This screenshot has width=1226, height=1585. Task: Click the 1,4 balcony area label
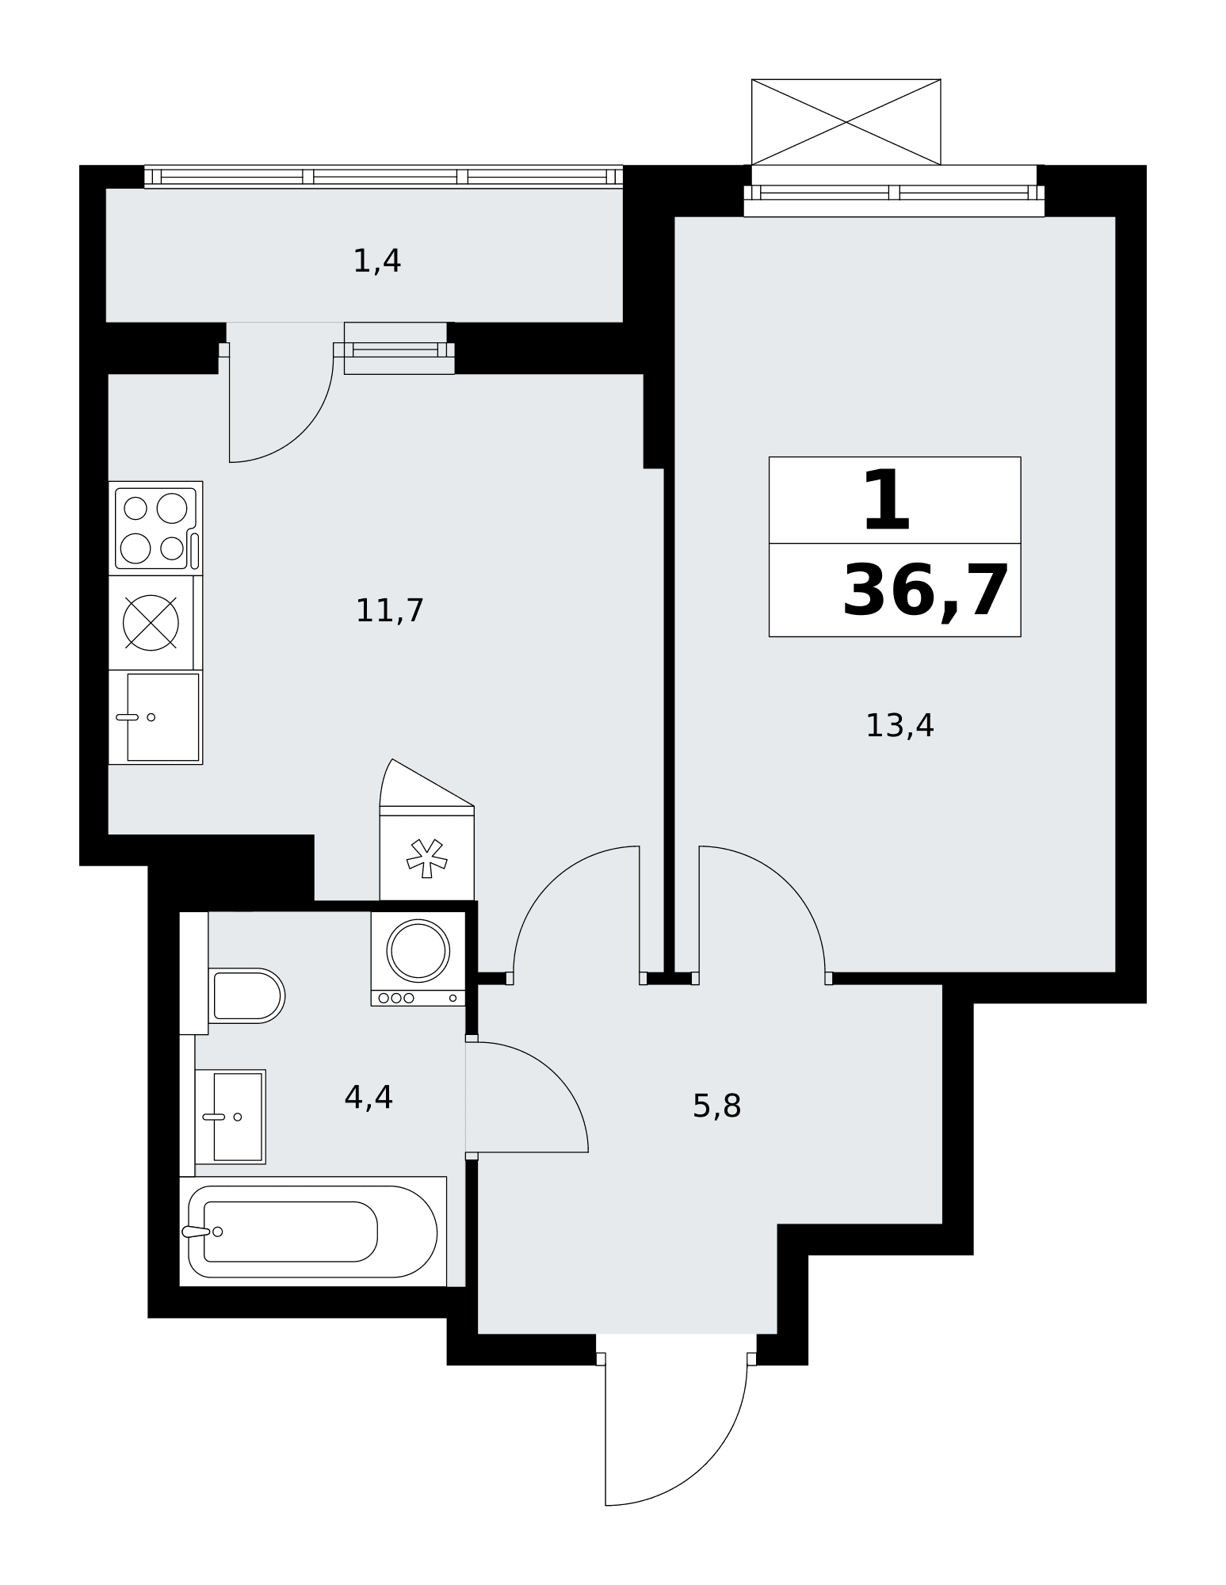(x=376, y=261)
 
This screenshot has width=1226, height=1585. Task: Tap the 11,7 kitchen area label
(x=390, y=611)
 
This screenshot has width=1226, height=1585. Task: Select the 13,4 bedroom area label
(x=899, y=726)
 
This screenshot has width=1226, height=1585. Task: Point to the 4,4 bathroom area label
(x=369, y=1098)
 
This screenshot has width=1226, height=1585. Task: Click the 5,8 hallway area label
(x=716, y=1106)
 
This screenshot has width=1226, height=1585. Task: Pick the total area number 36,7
(x=925, y=590)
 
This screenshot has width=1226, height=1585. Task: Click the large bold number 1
(x=886, y=500)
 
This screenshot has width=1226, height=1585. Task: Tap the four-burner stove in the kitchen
(x=155, y=528)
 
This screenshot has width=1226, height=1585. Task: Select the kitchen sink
(x=155, y=717)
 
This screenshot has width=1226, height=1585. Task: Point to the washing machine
(x=418, y=959)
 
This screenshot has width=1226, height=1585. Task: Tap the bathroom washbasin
(x=230, y=1117)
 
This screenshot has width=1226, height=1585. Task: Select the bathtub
(x=313, y=1232)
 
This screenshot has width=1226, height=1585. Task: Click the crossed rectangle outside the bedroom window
(x=846, y=122)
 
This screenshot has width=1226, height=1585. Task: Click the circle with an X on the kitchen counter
(x=151, y=623)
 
